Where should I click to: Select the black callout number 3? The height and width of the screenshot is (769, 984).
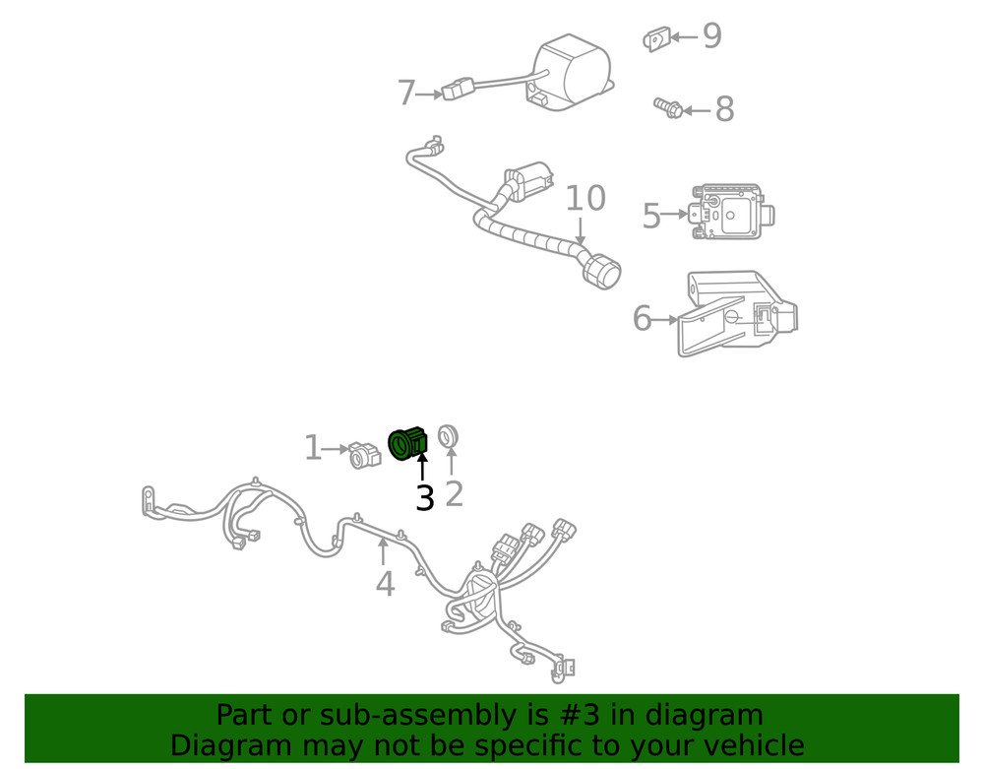pos(424,498)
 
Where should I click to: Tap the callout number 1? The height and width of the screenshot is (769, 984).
pos(313,449)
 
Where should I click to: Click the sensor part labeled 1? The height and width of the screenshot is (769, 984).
pos(365,454)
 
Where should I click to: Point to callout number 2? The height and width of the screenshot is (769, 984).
pos(454,492)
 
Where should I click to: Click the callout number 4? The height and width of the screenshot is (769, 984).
pos(385,584)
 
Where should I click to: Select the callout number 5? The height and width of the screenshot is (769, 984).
pos(650,216)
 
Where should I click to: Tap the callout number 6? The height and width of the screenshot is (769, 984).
pos(642,319)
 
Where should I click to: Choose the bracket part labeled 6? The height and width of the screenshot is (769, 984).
pos(738,313)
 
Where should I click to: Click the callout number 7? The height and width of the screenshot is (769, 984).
pos(406,95)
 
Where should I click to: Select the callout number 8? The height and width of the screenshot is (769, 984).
pos(724,110)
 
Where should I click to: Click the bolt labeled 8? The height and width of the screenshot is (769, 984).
pos(668,106)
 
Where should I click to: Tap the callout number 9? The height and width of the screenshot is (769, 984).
pos(711,37)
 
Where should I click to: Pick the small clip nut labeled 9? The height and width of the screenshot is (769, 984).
pos(656,39)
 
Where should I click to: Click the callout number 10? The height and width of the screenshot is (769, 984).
pos(584,199)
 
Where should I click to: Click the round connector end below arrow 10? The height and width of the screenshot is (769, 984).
pos(601,270)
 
